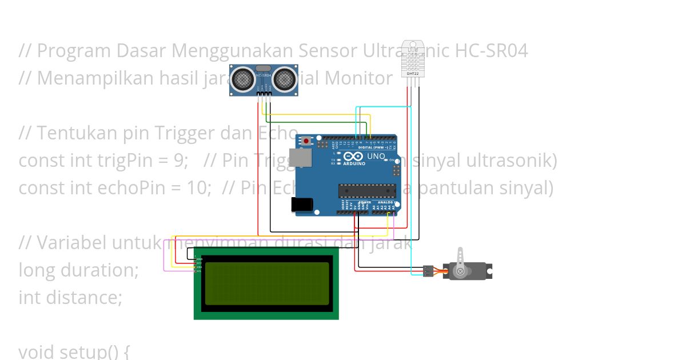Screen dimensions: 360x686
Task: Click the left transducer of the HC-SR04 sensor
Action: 244,79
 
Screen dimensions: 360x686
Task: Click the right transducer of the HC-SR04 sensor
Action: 284,79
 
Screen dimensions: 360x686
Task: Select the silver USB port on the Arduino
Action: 298,158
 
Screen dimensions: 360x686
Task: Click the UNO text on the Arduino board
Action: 376,156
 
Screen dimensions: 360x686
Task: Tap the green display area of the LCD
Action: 266,283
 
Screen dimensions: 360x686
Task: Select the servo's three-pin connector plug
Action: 428,271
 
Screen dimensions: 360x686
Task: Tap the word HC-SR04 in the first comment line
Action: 491,51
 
